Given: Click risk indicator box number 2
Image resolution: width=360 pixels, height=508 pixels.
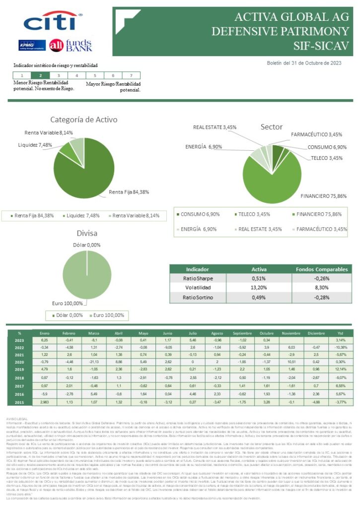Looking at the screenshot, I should pos(40,75).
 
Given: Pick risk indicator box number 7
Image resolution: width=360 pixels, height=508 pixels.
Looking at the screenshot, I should pos(131,75).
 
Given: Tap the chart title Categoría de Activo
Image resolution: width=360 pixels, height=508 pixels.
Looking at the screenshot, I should pos(83,120).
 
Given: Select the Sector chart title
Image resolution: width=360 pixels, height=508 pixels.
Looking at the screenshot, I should pos(272,127).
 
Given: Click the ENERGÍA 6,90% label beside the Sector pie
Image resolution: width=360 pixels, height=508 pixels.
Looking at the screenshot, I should pos(204,147).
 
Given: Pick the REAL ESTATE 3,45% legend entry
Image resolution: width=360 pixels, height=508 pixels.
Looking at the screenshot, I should pos(258,229).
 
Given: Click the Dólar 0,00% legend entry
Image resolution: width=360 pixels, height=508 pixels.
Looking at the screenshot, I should pos(67,316).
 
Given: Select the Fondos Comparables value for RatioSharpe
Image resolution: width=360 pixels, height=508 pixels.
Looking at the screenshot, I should pos(322,278).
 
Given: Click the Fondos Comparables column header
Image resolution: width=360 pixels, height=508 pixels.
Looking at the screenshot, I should pos(322,269).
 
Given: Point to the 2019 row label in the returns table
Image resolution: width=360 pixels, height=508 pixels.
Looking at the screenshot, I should pos(19,369).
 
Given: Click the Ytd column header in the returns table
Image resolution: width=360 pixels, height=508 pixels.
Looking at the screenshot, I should pos(340,333).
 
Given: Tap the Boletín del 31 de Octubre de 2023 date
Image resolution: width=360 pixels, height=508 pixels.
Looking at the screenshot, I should pos(304,63).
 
